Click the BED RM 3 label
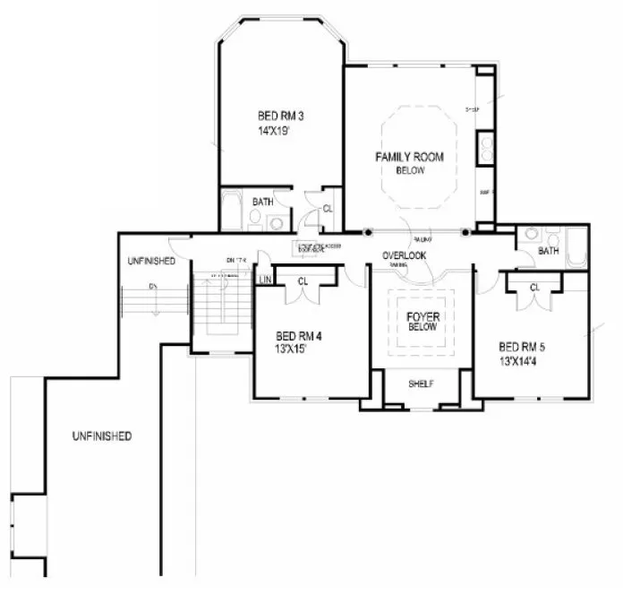tap(278, 116)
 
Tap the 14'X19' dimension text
tap(273, 131)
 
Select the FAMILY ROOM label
tap(409, 157)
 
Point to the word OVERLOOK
tap(405, 255)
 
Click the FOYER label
tap(422, 316)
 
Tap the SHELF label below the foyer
tap(421, 384)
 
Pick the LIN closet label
tap(265, 280)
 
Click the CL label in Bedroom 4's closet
tap(303, 280)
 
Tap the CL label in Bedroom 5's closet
tap(533, 287)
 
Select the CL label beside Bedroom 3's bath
tap(328, 208)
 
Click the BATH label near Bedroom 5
tap(548, 253)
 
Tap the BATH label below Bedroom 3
tap(262, 202)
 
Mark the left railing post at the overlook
tap(367, 232)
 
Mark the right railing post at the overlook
tap(465, 232)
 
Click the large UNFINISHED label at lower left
tap(102, 436)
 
